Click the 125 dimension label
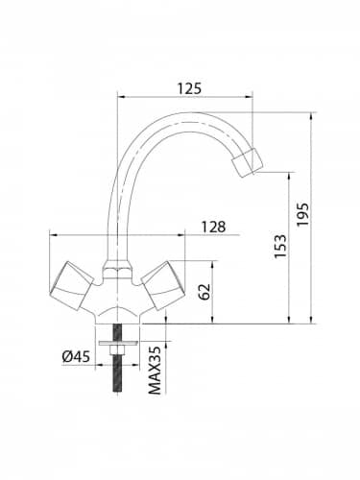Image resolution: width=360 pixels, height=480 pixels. (189, 88)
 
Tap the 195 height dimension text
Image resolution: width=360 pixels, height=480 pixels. (302, 214)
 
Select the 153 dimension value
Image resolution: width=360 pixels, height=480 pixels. (280, 247)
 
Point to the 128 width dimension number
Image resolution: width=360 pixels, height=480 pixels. (213, 227)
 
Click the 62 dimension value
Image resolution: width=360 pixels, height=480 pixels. (204, 292)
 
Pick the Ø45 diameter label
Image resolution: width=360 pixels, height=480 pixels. (76, 356)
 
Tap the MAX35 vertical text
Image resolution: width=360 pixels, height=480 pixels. (155, 371)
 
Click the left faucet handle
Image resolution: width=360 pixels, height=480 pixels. (72, 286)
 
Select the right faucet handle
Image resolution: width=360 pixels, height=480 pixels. (163, 286)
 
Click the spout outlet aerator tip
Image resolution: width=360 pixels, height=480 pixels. (248, 161)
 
